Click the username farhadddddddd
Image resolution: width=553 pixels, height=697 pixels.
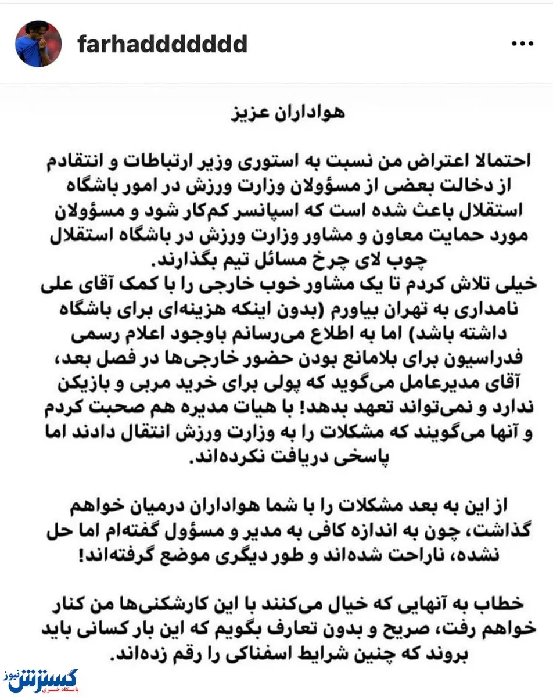(163, 44)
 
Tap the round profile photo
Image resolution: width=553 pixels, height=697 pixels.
(37, 44)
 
